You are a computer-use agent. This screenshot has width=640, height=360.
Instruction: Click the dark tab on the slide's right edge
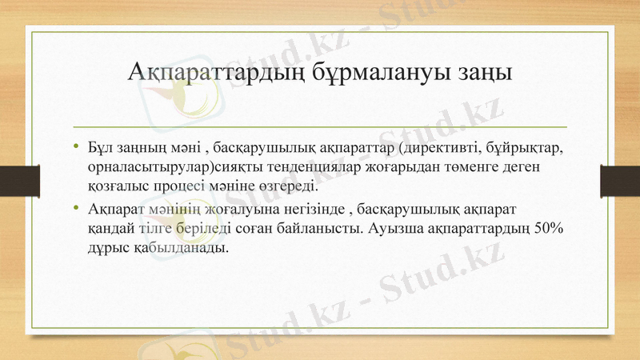620,180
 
